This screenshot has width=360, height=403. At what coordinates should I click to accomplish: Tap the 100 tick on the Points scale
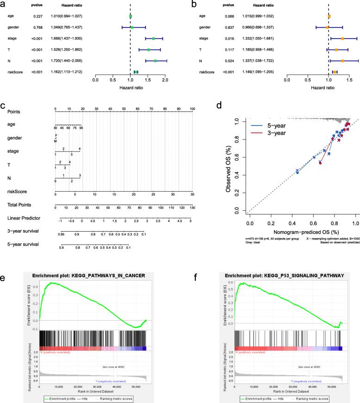coord(192,109)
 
